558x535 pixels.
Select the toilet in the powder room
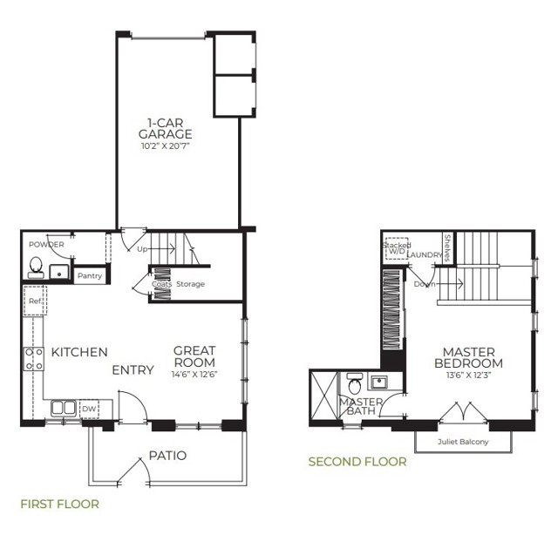(37, 266)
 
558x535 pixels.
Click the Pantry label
(90, 276)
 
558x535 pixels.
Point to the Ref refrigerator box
(35, 301)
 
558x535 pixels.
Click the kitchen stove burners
(33, 357)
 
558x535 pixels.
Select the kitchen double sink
(62, 408)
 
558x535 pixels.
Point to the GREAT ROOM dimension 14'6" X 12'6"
(194, 375)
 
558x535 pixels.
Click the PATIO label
(167, 455)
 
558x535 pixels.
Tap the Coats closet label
(160, 284)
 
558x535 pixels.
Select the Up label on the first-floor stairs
(142, 248)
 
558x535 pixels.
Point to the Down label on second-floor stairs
(425, 284)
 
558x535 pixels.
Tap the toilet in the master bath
(354, 384)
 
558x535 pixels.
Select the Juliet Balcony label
(463, 442)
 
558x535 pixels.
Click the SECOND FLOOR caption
(357, 461)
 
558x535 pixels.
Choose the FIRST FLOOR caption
(59, 504)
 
